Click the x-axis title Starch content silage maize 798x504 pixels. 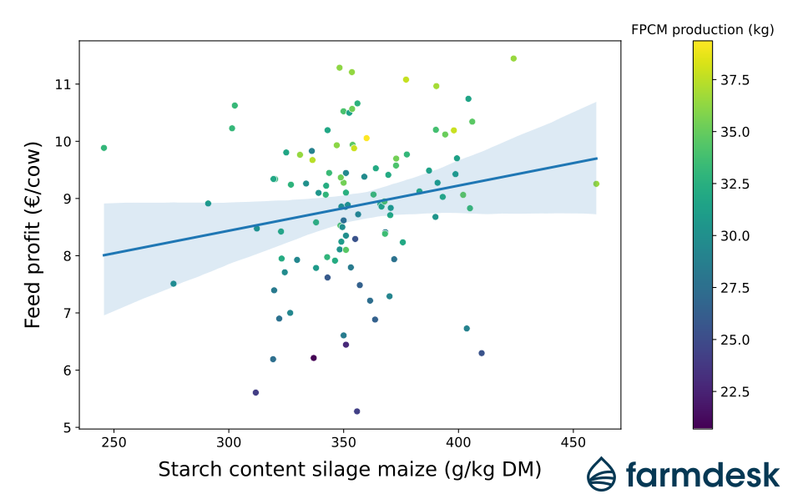(350, 470)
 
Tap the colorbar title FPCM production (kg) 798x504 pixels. (702, 30)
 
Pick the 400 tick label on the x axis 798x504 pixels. (458, 442)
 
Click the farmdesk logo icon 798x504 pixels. (602, 474)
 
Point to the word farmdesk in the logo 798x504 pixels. (702, 475)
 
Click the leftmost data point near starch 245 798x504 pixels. (104, 148)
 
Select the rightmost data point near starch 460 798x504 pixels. (596, 184)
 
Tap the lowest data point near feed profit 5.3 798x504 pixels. (357, 411)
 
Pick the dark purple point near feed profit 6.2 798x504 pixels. (314, 358)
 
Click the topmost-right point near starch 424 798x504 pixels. (513, 58)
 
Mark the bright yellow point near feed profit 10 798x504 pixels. (366, 139)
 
